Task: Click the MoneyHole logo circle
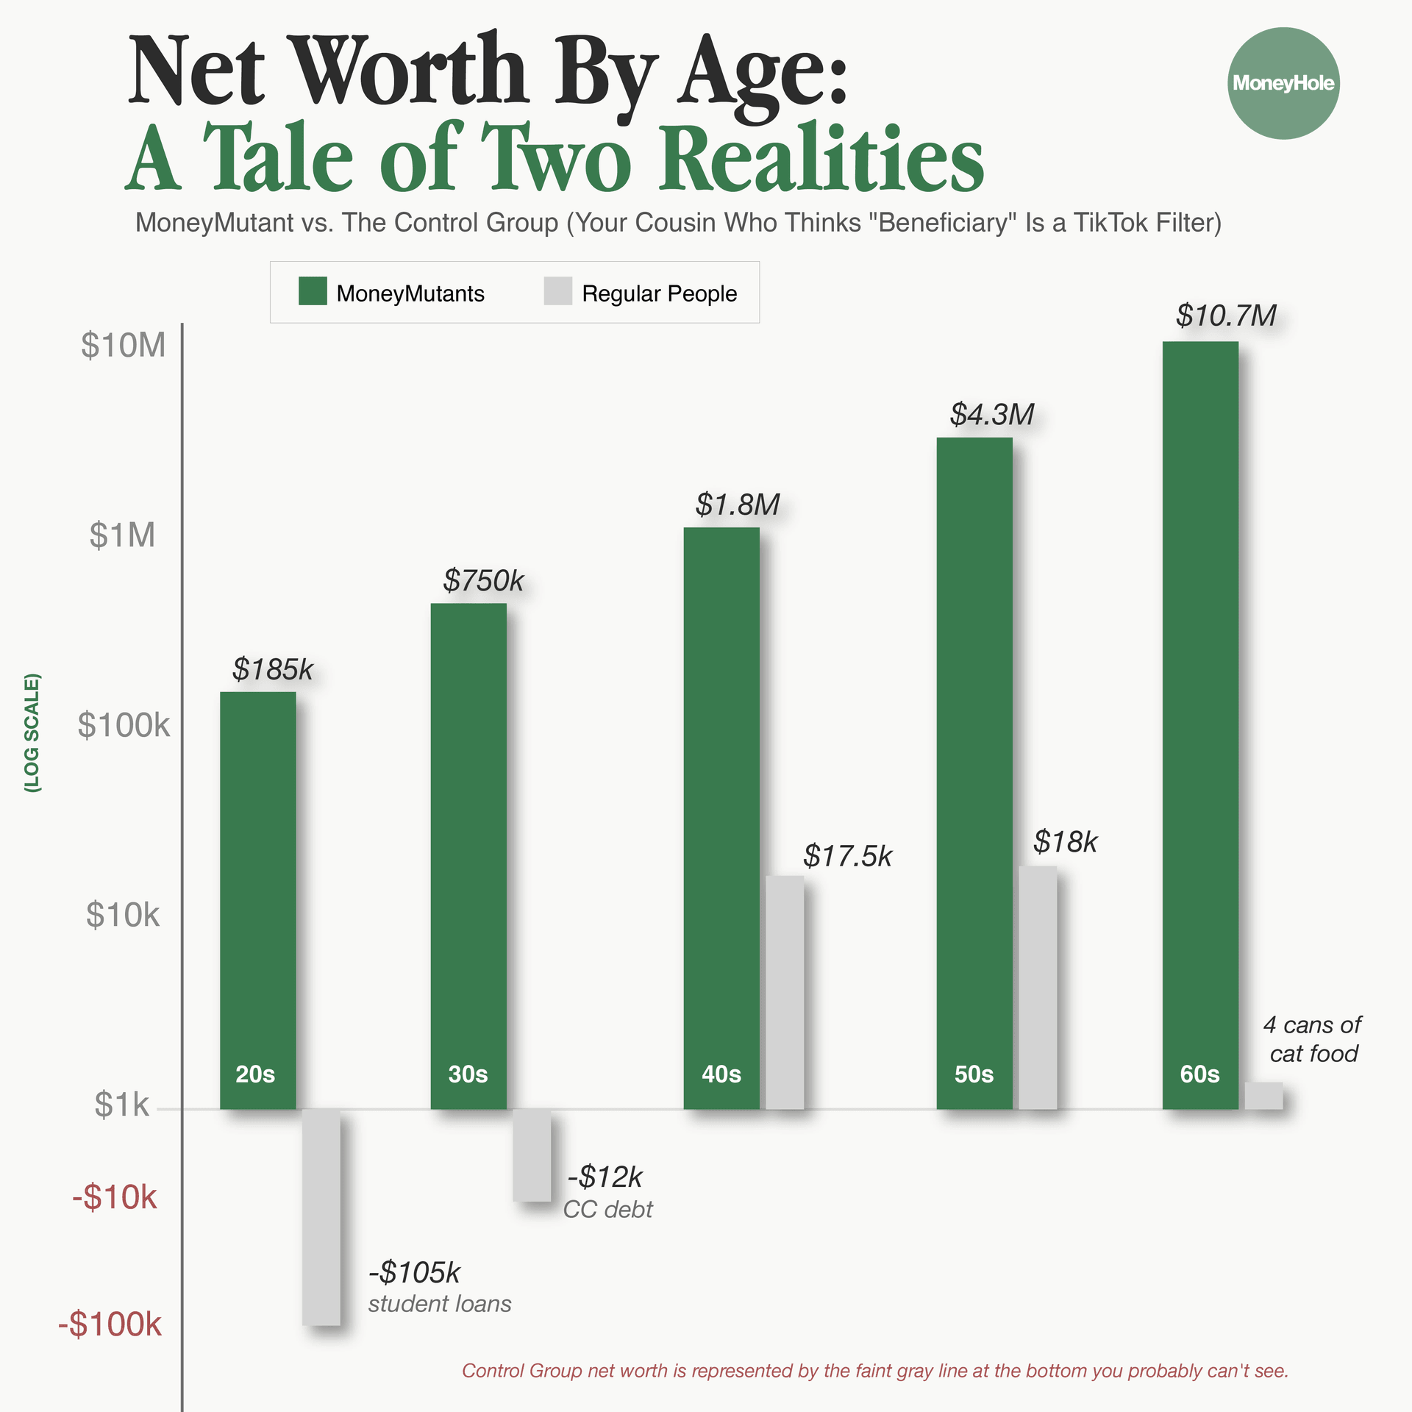[x=1283, y=83]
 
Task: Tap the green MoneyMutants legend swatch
[x=313, y=291]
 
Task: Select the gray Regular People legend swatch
[x=558, y=291]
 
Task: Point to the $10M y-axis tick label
[x=124, y=346]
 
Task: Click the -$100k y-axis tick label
[x=110, y=1324]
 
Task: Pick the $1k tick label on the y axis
[x=122, y=1105]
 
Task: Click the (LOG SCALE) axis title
[x=32, y=732]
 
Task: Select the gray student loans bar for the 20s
[x=321, y=1217]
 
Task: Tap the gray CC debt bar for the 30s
[x=532, y=1155]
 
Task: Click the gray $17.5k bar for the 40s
[x=785, y=992]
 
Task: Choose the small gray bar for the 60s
[x=1263, y=1095]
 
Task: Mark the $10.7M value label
[x=1226, y=315]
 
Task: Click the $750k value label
[x=483, y=581]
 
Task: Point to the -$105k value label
[x=414, y=1272]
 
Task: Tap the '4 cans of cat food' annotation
[x=1313, y=1039]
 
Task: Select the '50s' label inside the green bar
[x=974, y=1074]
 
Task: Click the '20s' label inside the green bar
[x=255, y=1074]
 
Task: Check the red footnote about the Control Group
[x=875, y=1371]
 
